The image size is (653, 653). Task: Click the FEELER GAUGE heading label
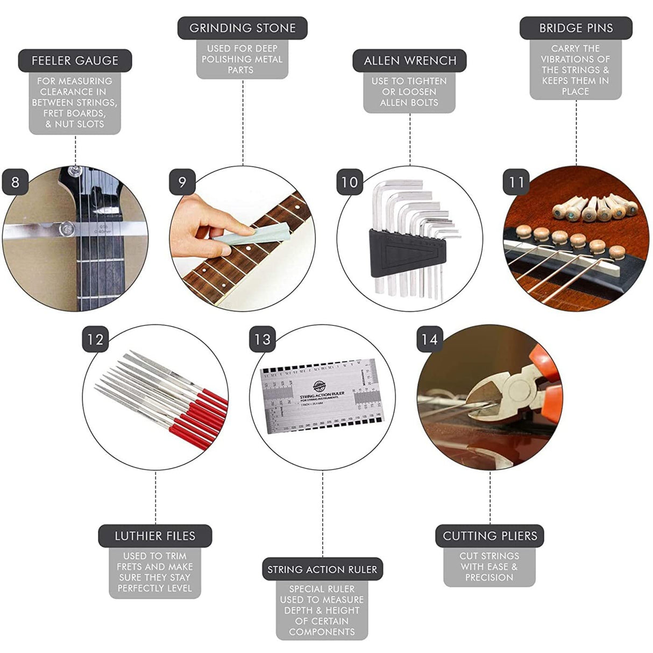click(x=75, y=61)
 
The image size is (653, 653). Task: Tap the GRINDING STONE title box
click(x=243, y=28)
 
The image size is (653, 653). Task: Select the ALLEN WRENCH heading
click(x=410, y=61)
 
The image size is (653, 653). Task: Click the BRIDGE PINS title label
click(x=576, y=28)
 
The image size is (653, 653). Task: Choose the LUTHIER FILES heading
click(x=155, y=536)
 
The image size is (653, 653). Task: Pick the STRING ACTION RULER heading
click(x=322, y=569)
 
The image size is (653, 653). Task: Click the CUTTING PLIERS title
click(x=489, y=536)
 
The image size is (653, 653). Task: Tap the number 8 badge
click(x=15, y=182)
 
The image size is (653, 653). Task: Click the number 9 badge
click(x=182, y=182)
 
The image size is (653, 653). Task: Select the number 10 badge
click(x=350, y=182)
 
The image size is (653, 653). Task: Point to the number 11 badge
click(x=517, y=182)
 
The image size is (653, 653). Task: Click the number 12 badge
click(x=95, y=340)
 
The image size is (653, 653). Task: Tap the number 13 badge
click(x=262, y=340)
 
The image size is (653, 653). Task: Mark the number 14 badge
click(x=430, y=340)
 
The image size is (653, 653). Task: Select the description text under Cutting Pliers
click(x=489, y=566)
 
